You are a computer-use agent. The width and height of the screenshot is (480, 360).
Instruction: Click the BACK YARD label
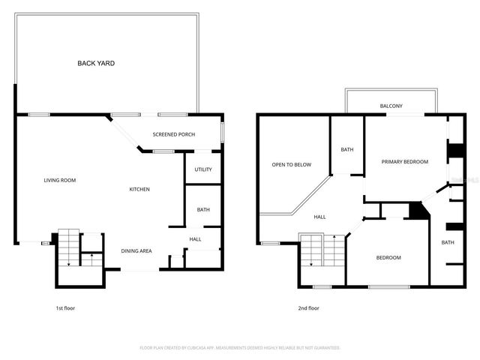click(96, 64)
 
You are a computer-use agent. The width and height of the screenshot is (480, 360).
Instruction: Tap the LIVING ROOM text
click(59, 180)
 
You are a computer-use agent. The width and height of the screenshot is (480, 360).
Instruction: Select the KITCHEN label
click(139, 189)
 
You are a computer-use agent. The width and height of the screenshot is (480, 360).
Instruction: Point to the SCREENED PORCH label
click(174, 135)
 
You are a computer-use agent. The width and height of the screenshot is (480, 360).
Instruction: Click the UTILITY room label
click(203, 169)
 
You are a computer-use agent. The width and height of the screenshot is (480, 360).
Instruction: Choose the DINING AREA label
click(137, 250)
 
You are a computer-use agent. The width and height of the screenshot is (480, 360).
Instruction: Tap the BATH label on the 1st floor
click(203, 210)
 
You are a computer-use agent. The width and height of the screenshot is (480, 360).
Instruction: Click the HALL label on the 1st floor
click(195, 239)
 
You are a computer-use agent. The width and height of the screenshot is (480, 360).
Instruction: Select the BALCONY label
click(391, 106)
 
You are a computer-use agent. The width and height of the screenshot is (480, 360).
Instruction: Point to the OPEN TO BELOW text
click(291, 165)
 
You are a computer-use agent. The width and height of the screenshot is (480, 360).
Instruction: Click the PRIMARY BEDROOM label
click(404, 162)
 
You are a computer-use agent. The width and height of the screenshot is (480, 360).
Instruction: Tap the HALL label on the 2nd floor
click(319, 217)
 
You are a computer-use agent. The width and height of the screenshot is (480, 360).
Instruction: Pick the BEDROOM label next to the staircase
click(388, 258)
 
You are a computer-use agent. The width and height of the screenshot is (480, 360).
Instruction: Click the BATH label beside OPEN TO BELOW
click(347, 150)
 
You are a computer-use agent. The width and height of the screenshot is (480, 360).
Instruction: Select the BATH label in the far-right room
click(448, 242)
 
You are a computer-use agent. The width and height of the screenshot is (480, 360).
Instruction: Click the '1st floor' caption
click(64, 308)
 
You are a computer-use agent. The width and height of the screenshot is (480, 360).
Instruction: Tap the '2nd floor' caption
click(308, 308)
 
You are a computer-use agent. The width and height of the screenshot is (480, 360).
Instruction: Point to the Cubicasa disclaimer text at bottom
click(240, 348)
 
